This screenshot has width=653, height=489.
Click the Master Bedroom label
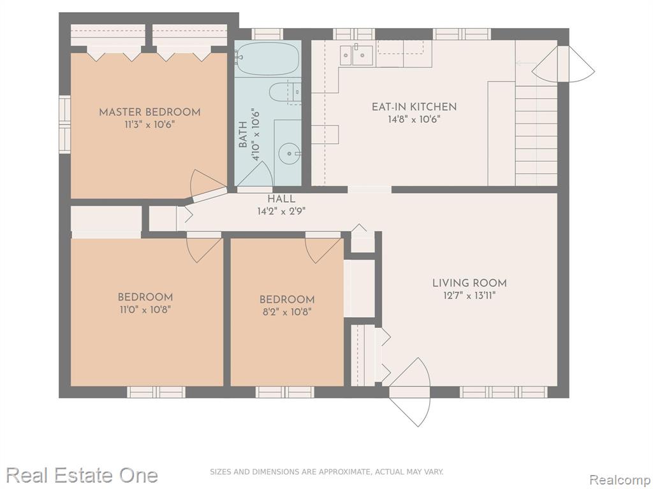(x=149, y=112)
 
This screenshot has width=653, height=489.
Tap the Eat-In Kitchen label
(x=415, y=107)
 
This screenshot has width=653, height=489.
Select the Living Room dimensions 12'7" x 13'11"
(x=469, y=296)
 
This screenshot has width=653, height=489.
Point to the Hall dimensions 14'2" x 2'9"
(x=281, y=211)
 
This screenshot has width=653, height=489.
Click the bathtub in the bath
(x=268, y=59)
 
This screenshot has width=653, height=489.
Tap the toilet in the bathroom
(x=285, y=92)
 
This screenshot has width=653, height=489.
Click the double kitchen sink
(x=356, y=55)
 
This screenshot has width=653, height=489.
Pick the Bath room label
(x=243, y=134)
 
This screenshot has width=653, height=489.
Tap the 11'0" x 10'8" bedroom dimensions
(x=145, y=309)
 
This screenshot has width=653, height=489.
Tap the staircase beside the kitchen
(x=536, y=133)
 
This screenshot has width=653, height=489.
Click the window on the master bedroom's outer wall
(x=64, y=125)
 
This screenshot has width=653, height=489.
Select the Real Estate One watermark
(x=82, y=475)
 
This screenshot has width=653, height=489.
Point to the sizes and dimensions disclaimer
(x=326, y=472)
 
